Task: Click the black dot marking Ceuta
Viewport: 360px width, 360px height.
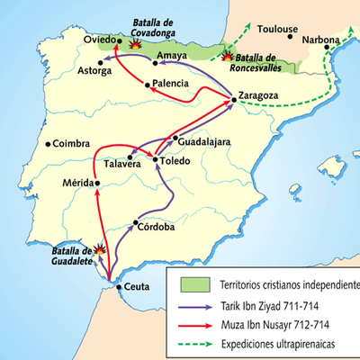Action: (x=120, y=288)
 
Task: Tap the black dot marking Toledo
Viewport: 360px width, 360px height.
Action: (x=156, y=160)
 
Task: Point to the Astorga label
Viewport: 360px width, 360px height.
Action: (x=97, y=70)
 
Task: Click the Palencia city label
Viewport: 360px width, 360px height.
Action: (x=171, y=84)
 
